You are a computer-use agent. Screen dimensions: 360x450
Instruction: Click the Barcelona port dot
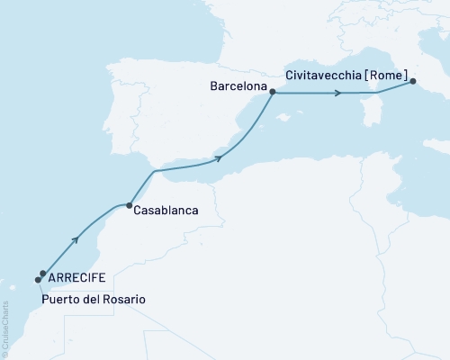[273, 92]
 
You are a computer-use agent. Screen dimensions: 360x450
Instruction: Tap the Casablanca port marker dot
[130, 204]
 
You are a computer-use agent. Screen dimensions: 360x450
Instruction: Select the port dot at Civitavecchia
[413, 82]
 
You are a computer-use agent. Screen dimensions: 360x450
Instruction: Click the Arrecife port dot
[43, 274]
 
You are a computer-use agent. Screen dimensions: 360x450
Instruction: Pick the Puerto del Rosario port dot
[38, 279]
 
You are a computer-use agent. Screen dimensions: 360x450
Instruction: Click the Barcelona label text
[238, 88]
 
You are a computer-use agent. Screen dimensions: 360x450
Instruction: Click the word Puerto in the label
[60, 298]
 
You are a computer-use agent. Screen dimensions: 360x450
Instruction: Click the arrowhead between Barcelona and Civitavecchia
[340, 93]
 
